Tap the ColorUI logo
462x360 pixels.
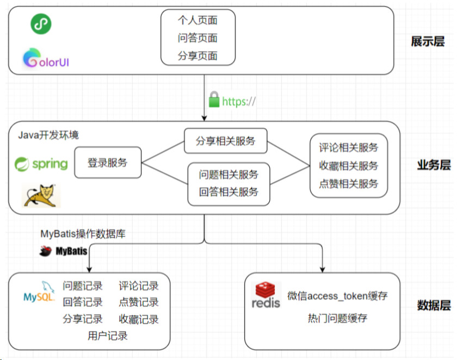(x=46, y=59)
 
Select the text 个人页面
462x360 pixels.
(x=198, y=21)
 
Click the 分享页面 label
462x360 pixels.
(x=198, y=55)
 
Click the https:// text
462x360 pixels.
(x=239, y=101)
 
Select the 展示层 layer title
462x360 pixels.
(x=428, y=41)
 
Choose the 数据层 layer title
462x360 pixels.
(x=434, y=305)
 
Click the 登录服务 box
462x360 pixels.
(x=108, y=162)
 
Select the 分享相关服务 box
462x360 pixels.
(x=226, y=141)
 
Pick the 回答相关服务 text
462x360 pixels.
(x=229, y=192)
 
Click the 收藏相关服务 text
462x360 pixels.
(x=349, y=165)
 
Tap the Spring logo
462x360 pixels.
(x=41, y=163)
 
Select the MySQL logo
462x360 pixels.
(x=39, y=291)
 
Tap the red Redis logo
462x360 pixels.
(x=266, y=295)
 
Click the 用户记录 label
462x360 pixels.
(x=108, y=336)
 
